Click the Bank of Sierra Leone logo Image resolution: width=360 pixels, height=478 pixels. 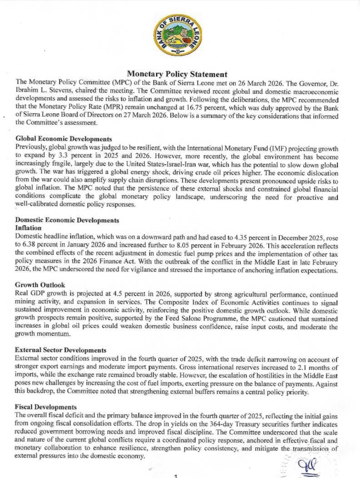[x=178, y=34]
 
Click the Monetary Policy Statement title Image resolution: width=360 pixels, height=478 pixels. [x=177, y=74]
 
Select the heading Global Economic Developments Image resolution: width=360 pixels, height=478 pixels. [x=64, y=138]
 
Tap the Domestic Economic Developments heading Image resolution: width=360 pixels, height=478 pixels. [x=67, y=221]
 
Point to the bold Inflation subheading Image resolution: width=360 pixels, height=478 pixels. [x=29, y=228]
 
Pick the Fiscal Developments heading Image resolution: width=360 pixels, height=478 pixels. [x=46, y=407]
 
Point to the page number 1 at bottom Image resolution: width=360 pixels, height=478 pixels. [x=175, y=476]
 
